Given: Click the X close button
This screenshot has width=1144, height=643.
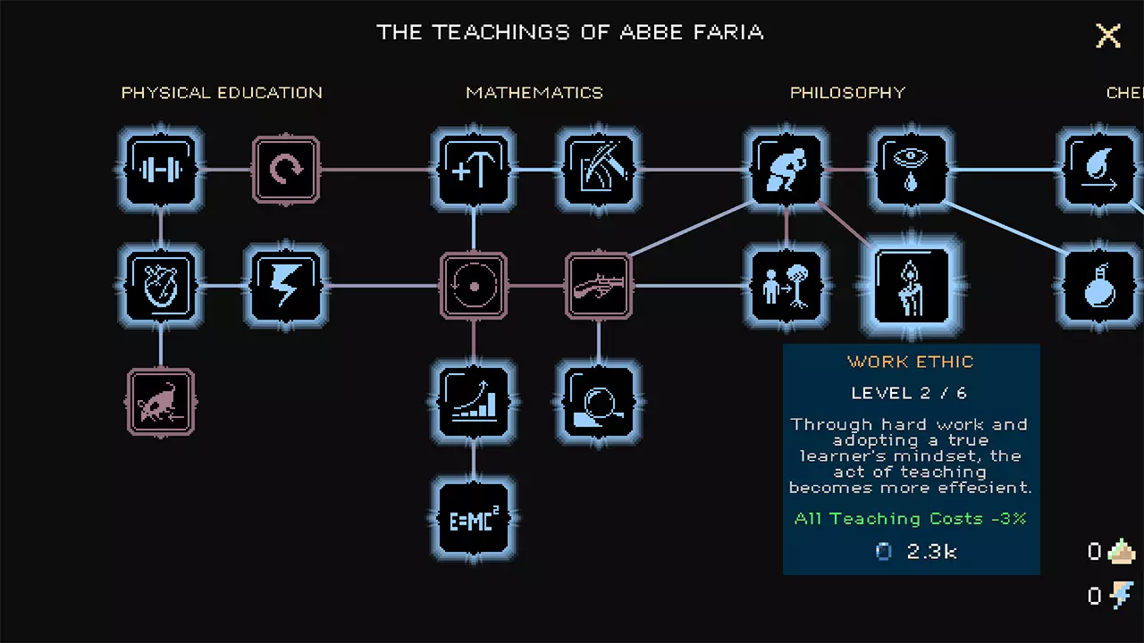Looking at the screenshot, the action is [x=1107, y=36].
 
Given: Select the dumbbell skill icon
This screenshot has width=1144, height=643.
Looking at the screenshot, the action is [x=161, y=169].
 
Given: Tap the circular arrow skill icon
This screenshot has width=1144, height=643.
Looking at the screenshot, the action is [x=286, y=170].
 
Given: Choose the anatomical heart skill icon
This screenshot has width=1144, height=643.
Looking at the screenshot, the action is [x=161, y=286].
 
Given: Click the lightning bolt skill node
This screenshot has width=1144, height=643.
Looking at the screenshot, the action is [x=286, y=286].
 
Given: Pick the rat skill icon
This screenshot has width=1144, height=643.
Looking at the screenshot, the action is [x=161, y=402].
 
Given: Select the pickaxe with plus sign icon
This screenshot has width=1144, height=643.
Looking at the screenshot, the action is [x=474, y=169].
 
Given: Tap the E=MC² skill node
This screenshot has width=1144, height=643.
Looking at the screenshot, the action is [x=474, y=519].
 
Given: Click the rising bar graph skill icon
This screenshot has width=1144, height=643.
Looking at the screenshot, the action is [x=474, y=402].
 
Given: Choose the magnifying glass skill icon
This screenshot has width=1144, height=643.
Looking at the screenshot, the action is [x=599, y=402].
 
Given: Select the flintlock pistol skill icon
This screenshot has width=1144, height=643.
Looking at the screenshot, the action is [x=599, y=286].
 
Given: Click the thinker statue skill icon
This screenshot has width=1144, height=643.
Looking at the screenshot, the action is [x=786, y=169].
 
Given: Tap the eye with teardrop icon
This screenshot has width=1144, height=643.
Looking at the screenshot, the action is [x=912, y=169].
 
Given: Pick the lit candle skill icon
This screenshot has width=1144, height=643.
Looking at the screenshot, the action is [x=912, y=286].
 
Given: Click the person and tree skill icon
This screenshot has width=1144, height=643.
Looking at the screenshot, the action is [x=786, y=286].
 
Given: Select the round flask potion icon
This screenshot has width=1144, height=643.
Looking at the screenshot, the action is [x=1099, y=286].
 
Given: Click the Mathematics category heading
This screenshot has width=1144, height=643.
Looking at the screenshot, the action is [x=534, y=92].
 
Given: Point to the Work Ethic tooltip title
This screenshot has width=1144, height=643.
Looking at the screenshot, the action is [x=911, y=362].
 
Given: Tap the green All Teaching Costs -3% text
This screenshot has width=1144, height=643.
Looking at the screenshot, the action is [x=911, y=519].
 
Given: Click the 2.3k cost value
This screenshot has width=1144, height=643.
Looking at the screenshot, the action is [x=931, y=552].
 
